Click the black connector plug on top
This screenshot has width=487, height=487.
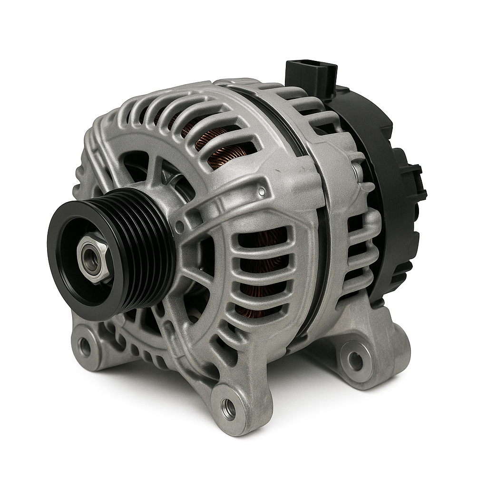coord(312,76)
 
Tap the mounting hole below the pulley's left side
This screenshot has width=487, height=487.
coord(84,347)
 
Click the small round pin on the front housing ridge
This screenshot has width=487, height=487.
coord(261,192)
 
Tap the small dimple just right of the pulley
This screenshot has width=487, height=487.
coord(179,228)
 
